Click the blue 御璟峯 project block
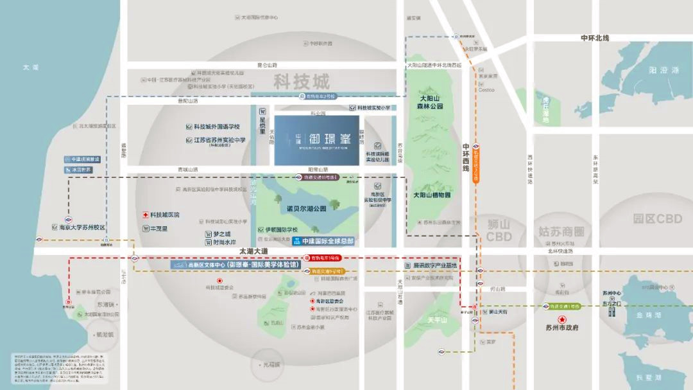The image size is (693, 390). (x=316, y=140)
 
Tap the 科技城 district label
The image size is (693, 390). (x=301, y=82)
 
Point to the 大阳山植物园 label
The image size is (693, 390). (x=431, y=195)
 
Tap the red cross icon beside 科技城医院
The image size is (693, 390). (x=146, y=215)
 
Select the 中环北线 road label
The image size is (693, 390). (x=594, y=38)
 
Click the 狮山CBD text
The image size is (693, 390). (x=499, y=230)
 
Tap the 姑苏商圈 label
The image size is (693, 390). (x=561, y=231)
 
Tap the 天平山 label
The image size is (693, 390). (x=436, y=319)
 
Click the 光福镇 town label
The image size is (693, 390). (x=272, y=364)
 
